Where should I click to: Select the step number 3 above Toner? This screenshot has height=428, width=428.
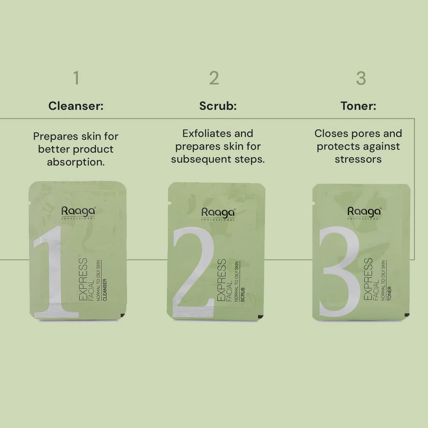pyautogui.click(x=361, y=78)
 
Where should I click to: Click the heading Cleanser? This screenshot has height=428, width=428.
pyautogui.click(x=76, y=106)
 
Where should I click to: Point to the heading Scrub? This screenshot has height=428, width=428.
pyautogui.click(x=218, y=106)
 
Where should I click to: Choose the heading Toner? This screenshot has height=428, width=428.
pyautogui.click(x=358, y=106)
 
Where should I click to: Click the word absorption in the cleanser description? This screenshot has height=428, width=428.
pyautogui.click(x=76, y=162)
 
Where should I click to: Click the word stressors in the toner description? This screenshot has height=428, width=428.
pyautogui.click(x=358, y=159)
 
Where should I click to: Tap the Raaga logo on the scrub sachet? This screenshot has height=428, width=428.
pyautogui.click(x=218, y=214)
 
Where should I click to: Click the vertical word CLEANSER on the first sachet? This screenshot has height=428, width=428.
pyautogui.click(x=105, y=290)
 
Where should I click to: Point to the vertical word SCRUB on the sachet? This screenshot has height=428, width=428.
pyautogui.click(x=243, y=295)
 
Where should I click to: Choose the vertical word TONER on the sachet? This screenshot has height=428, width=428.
pyautogui.click(x=389, y=294)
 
